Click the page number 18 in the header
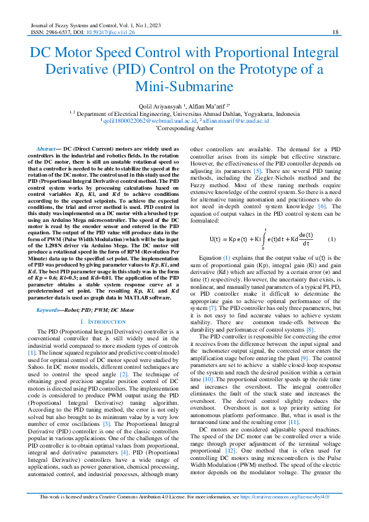336,32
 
